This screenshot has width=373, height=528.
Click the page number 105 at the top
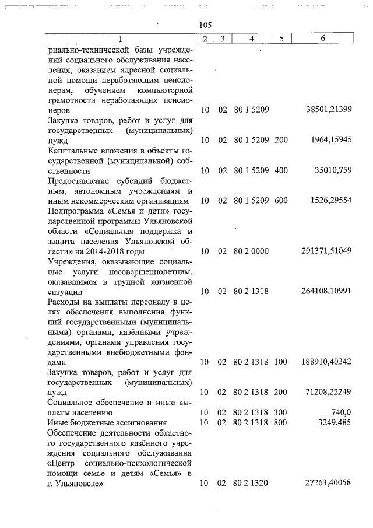coord(205,25)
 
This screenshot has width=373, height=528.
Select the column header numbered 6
coord(322,39)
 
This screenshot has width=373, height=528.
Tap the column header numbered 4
coord(251,39)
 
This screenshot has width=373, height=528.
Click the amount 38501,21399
coord(329,110)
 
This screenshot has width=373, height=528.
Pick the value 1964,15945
coord(330,141)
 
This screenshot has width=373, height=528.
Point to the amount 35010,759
coord(333,171)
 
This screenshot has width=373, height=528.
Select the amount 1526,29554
coord(330,201)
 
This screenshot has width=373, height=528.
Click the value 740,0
coord(340,412)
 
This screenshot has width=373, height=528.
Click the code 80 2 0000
coord(251,251)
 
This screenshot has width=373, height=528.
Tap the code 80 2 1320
coord(251,484)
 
